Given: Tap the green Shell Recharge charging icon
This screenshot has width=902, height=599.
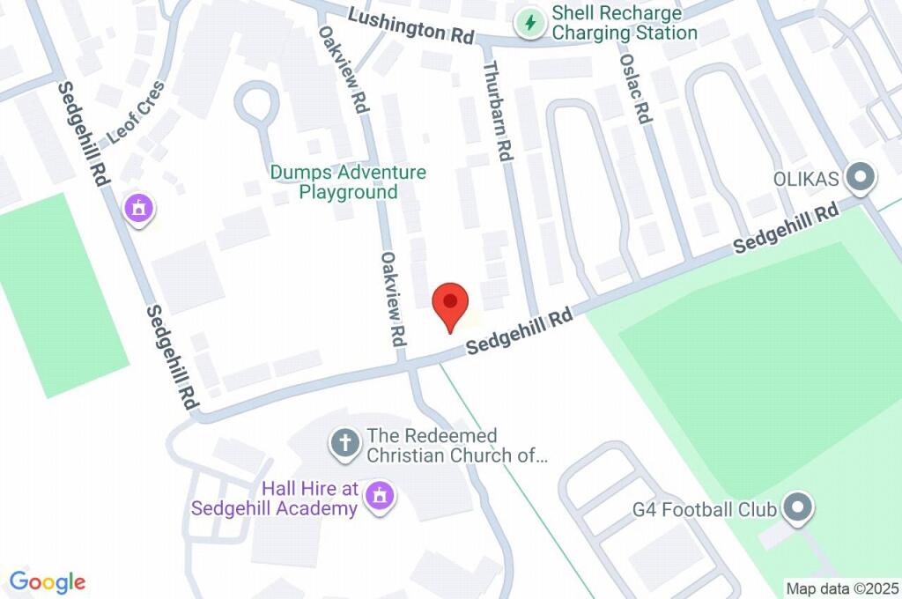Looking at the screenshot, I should click(530, 22).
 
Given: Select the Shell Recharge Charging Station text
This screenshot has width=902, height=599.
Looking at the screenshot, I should click(624, 24).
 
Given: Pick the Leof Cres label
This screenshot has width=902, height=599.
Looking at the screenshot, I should click(136, 112).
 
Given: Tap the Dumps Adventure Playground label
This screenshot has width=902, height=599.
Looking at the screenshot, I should click(348, 182).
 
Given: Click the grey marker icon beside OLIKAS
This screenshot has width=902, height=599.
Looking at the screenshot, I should click(860, 179).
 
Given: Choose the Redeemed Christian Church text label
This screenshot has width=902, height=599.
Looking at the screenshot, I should click(457, 446).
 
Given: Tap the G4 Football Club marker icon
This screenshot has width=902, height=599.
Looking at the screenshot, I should click(799, 508).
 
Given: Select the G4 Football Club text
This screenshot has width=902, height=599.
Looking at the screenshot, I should click(705, 509).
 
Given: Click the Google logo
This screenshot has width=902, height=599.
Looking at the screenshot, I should click(48, 581).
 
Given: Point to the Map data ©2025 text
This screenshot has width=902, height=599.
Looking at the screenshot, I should click(842, 588).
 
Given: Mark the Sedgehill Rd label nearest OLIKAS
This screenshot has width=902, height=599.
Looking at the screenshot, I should click(786, 229).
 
